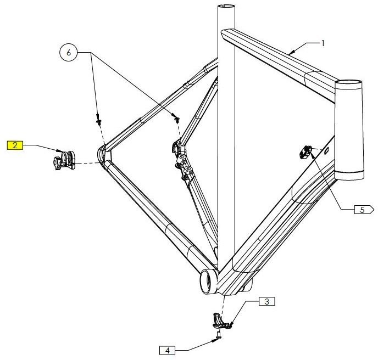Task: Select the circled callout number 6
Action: click(x=69, y=53)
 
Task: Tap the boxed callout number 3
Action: click(x=266, y=301)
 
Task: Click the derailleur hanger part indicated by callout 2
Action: click(x=63, y=160)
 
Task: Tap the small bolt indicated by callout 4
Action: click(x=219, y=333)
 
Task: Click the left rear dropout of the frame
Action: click(x=103, y=154)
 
